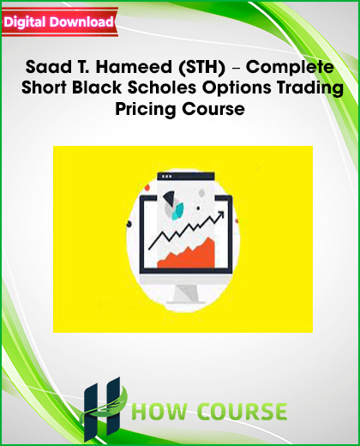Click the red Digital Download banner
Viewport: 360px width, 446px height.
(x=59, y=22)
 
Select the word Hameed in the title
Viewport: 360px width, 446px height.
(x=134, y=67)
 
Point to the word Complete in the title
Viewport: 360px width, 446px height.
(x=290, y=68)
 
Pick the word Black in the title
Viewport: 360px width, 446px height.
(x=97, y=87)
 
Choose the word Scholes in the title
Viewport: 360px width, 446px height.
(x=162, y=87)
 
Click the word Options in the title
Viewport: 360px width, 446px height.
(x=237, y=88)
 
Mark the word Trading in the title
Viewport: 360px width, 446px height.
(x=310, y=88)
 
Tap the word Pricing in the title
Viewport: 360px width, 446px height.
(x=145, y=110)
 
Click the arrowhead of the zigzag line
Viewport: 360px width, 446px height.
(x=220, y=215)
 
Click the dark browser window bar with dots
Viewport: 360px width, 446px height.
(x=186, y=176)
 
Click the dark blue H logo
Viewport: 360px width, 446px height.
(x=102, y=409)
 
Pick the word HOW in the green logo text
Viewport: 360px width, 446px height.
(x=159, y=412)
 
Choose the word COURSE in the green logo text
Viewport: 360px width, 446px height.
(x=243, y=412)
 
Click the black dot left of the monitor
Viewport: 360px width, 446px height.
(x=129, y=224)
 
